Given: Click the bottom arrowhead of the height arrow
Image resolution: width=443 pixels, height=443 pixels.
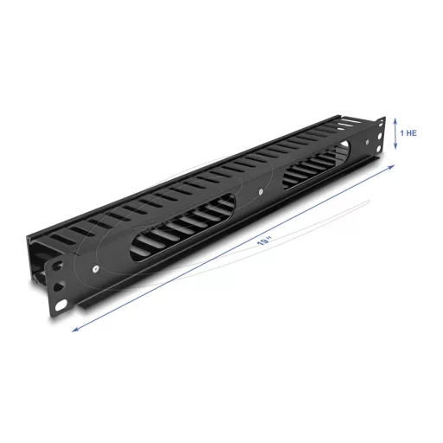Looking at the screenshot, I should [395, 150].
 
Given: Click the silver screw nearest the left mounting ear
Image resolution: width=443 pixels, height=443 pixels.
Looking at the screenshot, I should [93, 271].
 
